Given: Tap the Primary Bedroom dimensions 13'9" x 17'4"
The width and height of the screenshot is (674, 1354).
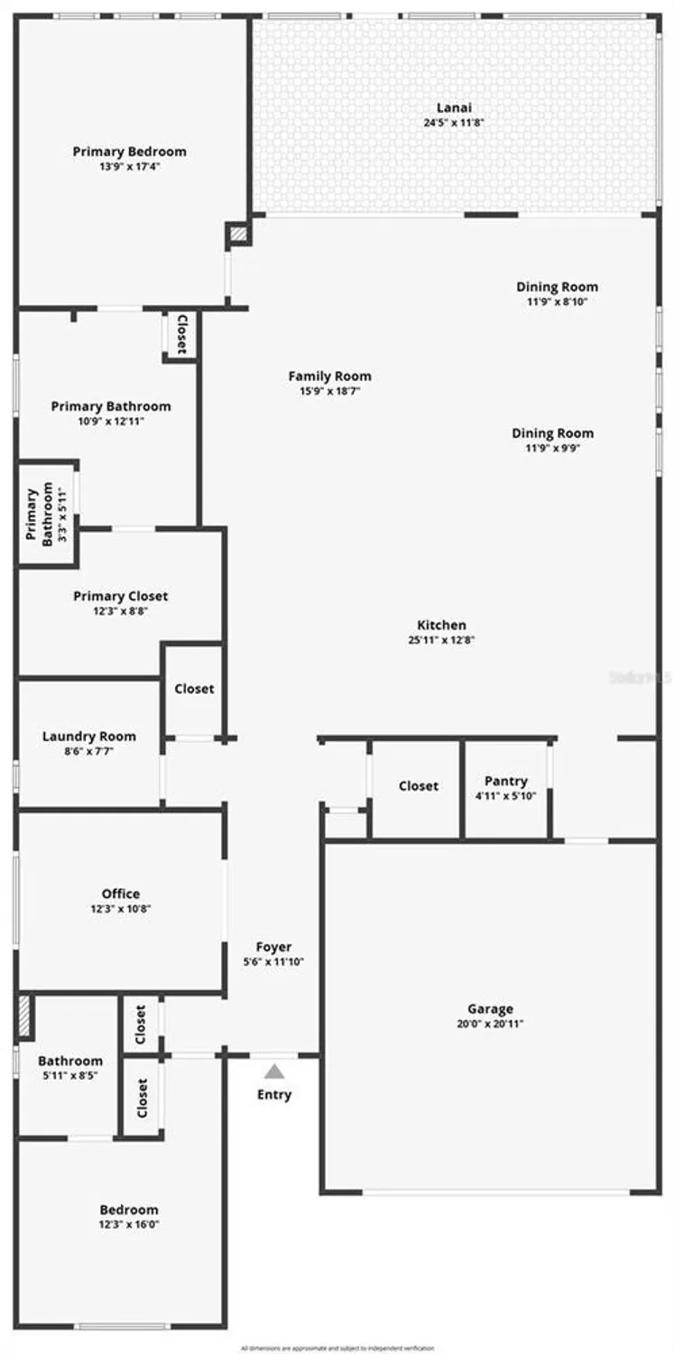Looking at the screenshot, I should point(130,167).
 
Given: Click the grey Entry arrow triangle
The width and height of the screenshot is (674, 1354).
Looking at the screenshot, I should point(274,1071).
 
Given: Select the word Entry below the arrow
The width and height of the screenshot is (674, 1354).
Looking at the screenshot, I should point(274,1095).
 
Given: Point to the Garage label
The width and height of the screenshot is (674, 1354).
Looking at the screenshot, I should point(490,1008).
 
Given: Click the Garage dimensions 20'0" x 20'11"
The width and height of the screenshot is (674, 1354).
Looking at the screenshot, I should point(490,1024).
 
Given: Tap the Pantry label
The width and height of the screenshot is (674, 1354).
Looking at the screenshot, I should point(505,781).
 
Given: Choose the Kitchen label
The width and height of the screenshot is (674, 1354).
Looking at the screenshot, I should point(441,625).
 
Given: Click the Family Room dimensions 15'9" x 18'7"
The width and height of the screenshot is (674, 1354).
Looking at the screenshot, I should point(329,391).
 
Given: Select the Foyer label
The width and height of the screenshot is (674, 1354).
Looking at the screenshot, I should point(273,947).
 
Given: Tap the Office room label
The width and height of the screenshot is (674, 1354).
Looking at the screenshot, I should point(120,894).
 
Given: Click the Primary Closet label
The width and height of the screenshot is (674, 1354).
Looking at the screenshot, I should point(120,596).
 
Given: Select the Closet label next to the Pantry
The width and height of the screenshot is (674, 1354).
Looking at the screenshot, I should point(419,786).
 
